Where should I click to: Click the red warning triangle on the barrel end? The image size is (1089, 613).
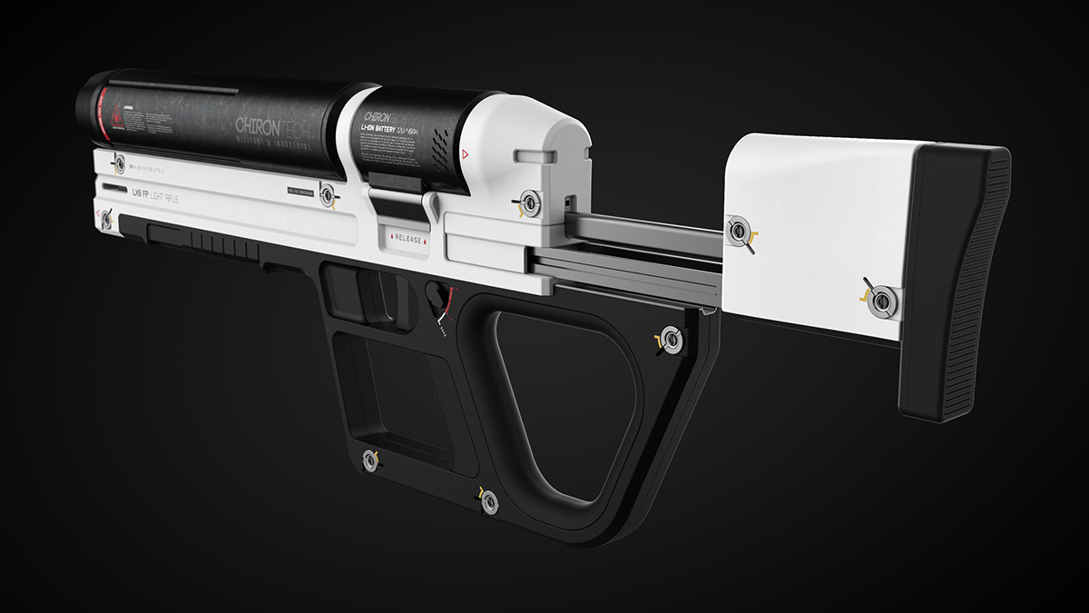point(115,116)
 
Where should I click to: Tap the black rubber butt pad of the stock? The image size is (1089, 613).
point(953,282)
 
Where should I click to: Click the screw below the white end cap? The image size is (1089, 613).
point(528,204)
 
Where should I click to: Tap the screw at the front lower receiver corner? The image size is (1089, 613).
point(107,218)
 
